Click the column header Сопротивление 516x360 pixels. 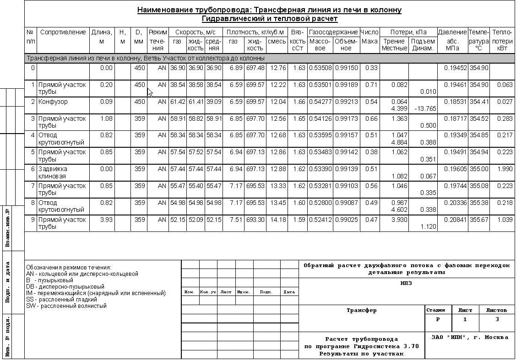(63, 32)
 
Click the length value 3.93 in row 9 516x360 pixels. (106, 220)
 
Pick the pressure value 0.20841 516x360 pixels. (455, 220)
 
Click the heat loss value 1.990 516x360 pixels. (505, 169)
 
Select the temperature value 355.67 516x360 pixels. (478, 220)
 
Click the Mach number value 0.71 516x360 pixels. (371, 85)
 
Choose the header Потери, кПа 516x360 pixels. (408, 32)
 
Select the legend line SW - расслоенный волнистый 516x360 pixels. (66, 306)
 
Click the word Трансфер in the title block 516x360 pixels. (362, 311)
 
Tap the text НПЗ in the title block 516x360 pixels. (406, 283)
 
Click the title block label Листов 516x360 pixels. (496, 310)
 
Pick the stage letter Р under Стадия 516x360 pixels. (438, 320)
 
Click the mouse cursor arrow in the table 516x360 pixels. (150, 92)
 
